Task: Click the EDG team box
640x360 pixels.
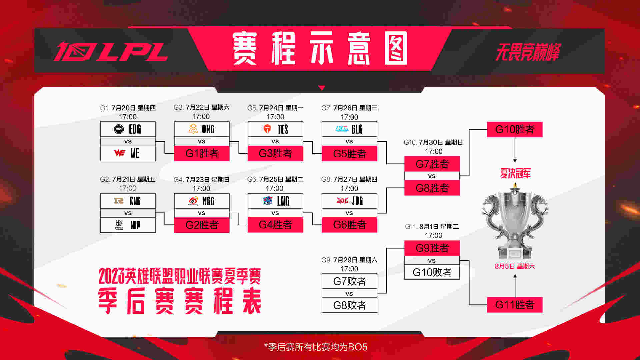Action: [128, 129]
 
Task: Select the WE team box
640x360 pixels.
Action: [128, 153]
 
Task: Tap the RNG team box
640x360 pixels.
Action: [128, 201]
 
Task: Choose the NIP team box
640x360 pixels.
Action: [128, 225]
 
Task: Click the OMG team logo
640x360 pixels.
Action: [193, 129]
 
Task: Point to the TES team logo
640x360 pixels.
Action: [267, 129]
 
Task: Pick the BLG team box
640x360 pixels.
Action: [349, 129]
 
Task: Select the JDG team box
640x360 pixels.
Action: [349, 201]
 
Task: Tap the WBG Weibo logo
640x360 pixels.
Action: [193, 201]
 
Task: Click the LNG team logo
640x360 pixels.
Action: [267, 201]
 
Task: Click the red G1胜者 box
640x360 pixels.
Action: [202, 153]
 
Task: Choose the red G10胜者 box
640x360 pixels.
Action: [515, 129]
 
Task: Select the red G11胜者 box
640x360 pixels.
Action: [515, 305]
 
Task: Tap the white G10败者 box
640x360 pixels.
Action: [432, 272]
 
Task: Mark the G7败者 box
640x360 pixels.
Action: [349, 281]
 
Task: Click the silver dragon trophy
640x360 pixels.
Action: [515, 222]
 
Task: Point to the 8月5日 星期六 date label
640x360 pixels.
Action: [515, 266]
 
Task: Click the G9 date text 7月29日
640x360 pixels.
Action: [345, 260]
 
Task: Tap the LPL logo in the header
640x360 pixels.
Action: [111, 52]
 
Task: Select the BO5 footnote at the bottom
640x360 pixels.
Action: [316, 347]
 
